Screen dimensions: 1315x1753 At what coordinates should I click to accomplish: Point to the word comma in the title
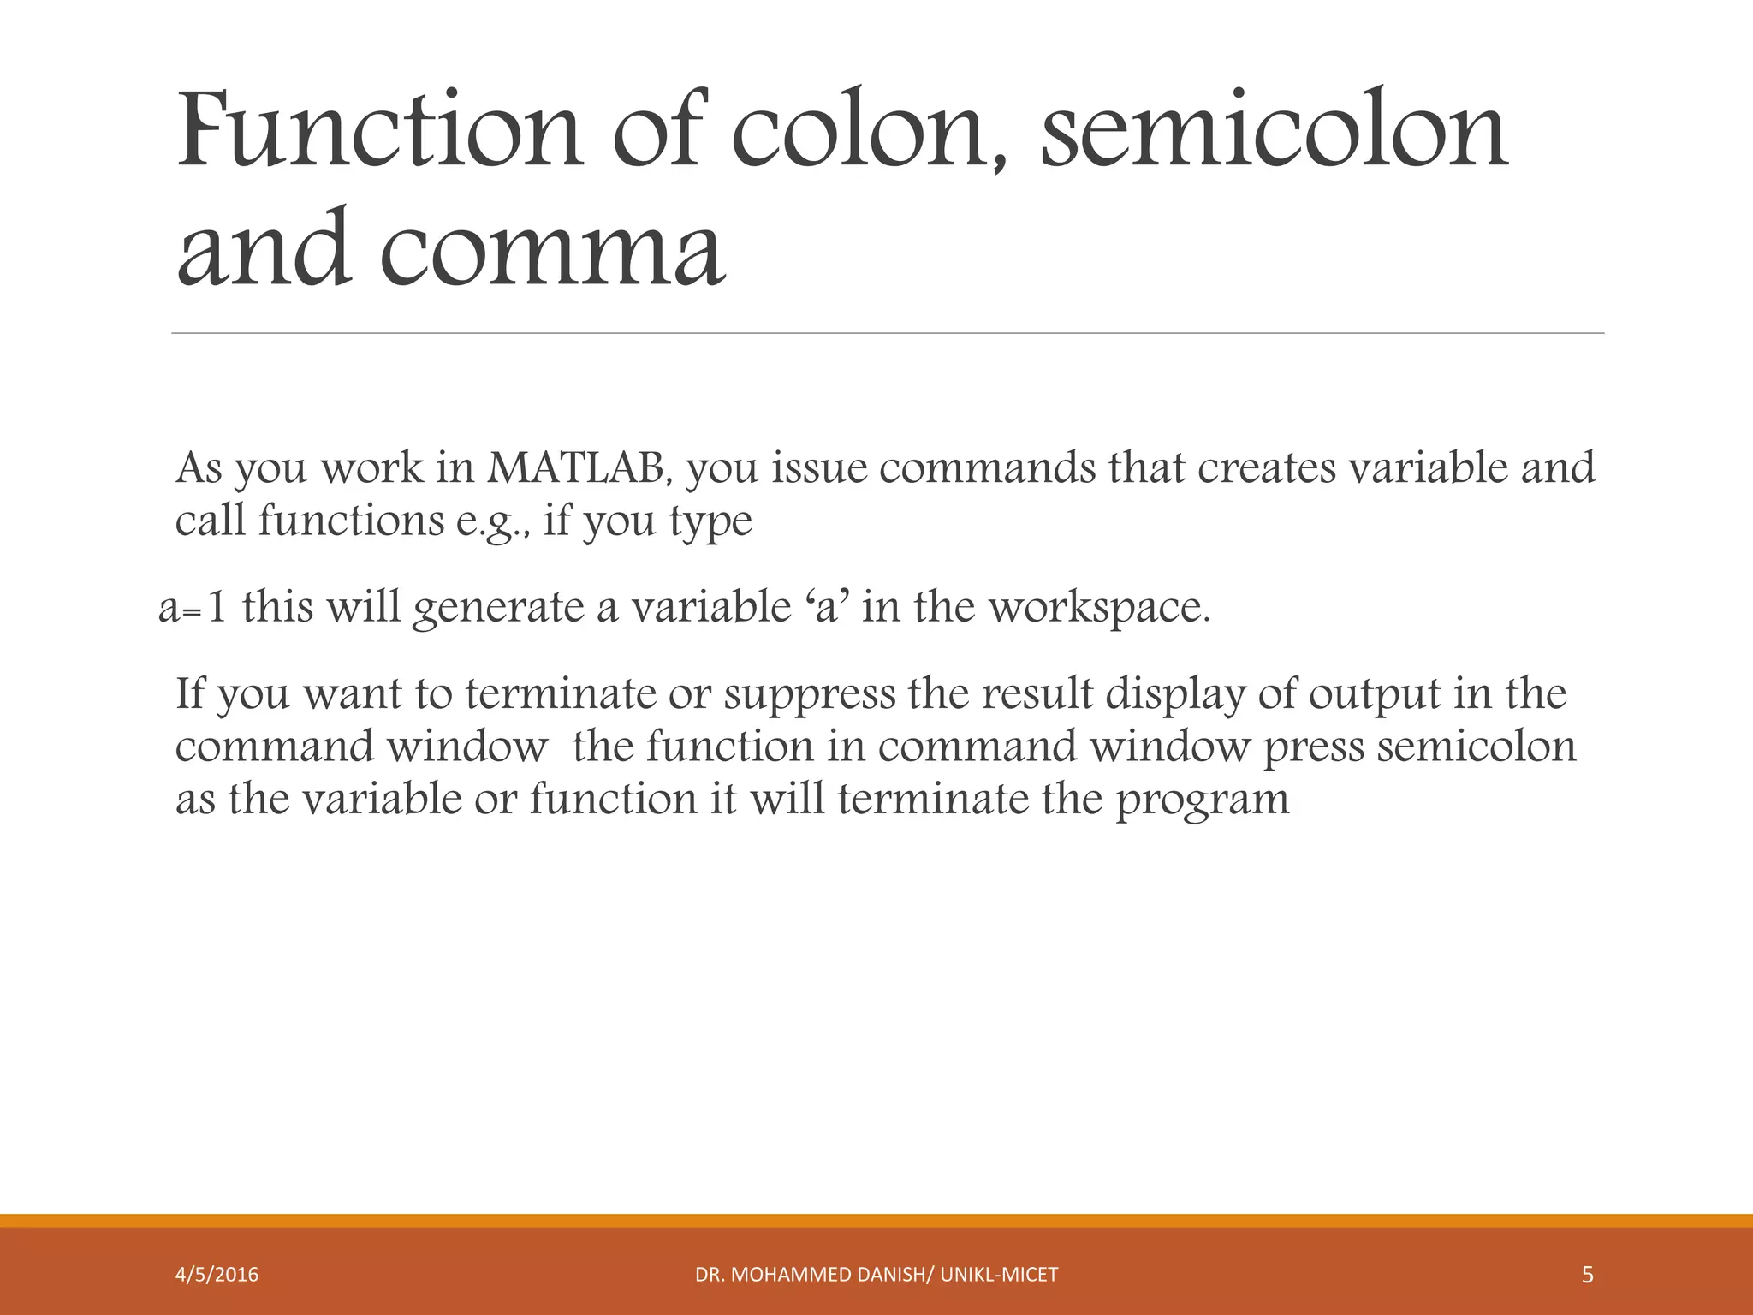pyautogui.click(x=552, y=249)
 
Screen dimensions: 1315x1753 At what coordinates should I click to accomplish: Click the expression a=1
pyautogui.click(x=193, y=608)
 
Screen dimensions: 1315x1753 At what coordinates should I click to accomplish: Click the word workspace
pyautogui.click(x=1099, y=608)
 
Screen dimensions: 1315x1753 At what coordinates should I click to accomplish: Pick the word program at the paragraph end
pyautogui.click(x=1202, y=800)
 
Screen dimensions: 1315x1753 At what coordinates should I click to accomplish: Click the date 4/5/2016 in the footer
pyautogui.click(x=217, y=1275)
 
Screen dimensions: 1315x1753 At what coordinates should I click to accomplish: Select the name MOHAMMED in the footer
pyautogui.click(x=797, y=1275)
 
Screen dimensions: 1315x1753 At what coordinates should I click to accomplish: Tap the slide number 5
pyautogui.click(x=1587, y=1275)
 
